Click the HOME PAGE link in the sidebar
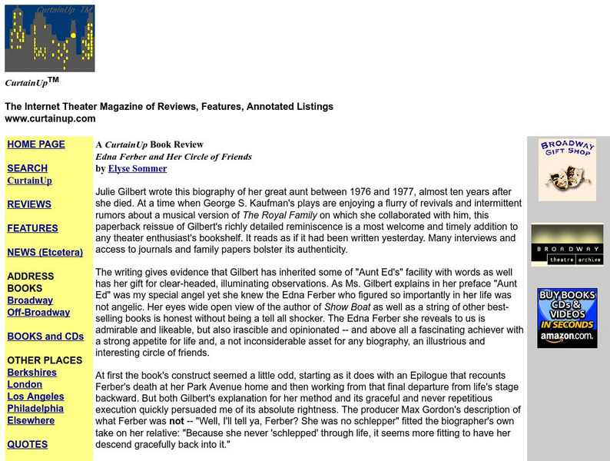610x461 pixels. [x=36, y=144]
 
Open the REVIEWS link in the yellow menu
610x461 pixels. [x=29, y=204]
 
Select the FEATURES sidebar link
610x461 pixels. [x=32, y=228]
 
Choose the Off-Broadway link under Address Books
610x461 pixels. [x=38, y=313]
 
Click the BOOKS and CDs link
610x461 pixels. [x=45, y=337]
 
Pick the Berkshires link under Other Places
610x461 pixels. [x=31, y=373]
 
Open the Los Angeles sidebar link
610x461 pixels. [x=35, y=396]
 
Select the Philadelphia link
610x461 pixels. [x=35, y=409]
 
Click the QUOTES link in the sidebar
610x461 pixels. [x=28, y=444]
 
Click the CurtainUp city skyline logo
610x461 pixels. [x=50, y=38]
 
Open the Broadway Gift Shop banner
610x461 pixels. [x=567, y=169]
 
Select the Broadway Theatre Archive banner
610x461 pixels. [x=567, y=245]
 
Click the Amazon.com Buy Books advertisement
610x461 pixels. [x=567, y=317]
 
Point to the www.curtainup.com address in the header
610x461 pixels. [x=50, y=118]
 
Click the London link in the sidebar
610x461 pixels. [x=25, y=384]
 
